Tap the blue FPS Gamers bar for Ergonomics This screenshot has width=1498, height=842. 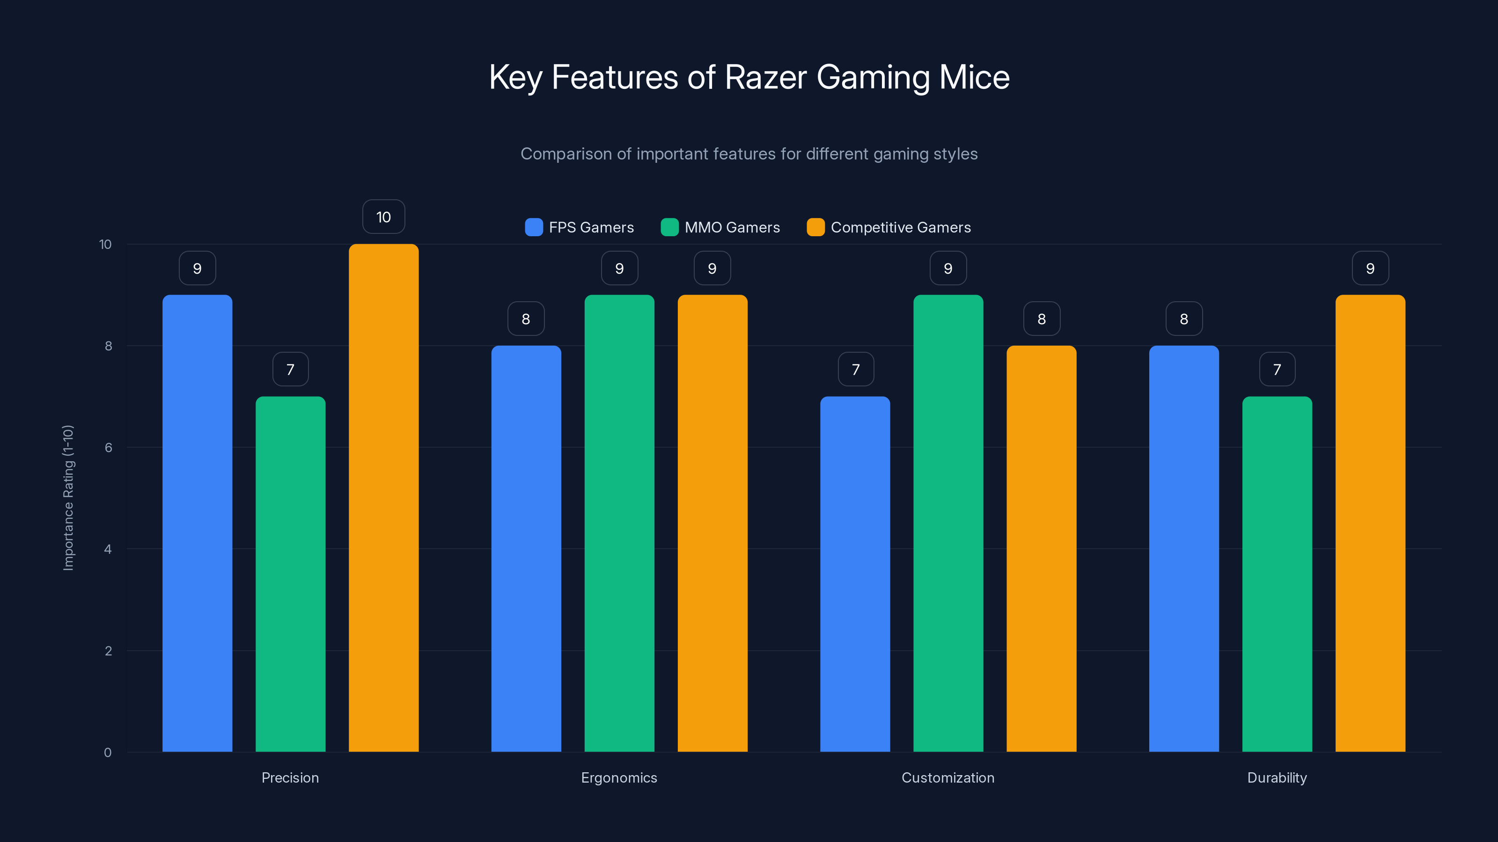[x=526, y=549]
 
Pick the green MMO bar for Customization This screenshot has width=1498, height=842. [x=948, y=523]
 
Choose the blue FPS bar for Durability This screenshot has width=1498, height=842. [x=1183, y=549]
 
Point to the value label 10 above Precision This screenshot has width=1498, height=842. [x=383, y=217]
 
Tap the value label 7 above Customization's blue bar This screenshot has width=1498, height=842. [x=855, y=370]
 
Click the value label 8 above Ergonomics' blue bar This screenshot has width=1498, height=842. [x=526, y=319]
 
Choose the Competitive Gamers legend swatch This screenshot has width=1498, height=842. [x=815, y=227]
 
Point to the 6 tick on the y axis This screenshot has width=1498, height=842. [x=108, y=448]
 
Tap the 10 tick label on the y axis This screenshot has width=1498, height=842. [x=105, y=244]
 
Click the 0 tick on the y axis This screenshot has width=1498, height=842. [x=108, y=753]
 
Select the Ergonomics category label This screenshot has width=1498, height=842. [x=619, y=777]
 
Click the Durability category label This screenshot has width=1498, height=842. [x=1277, y=777]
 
